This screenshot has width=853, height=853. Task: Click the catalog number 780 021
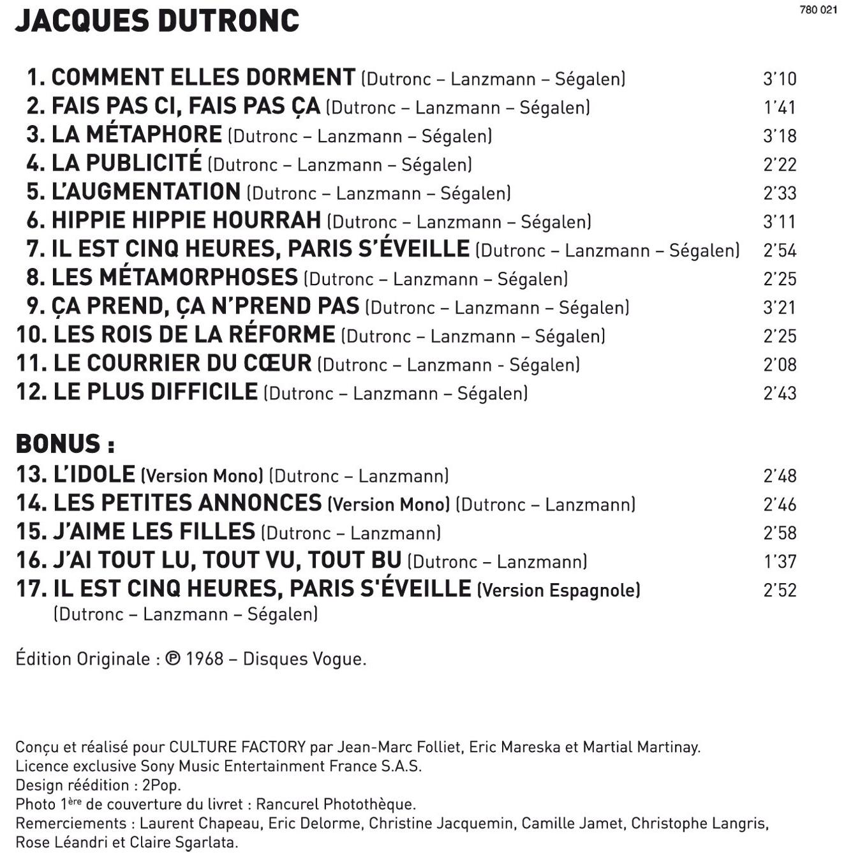(x=818, y=10)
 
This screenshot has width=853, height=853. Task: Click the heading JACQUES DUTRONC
(x=157, y=22)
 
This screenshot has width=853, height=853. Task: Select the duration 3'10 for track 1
(x=780, y=78)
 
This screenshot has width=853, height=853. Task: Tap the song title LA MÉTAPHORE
(x=137, y=135)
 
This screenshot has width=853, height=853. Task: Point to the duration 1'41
(x=780, y=107)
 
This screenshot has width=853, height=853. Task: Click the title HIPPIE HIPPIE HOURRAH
(x=186, y=220)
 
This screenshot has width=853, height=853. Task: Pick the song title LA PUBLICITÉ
(x=126, y=163)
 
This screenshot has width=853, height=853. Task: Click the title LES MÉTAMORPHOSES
(x=174, y=278)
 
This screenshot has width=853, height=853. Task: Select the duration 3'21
(x=780, y=308)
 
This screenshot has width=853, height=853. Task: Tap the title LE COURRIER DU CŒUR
(x=182, y=363)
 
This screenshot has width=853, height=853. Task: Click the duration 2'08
(x=780, y=364)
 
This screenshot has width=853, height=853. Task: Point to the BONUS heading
(x=64, y=443)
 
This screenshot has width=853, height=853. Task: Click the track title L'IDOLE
(x=94, y=474)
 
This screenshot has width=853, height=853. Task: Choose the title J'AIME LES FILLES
(x=154, y=531)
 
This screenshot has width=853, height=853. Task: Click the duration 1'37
(x=780, y=561)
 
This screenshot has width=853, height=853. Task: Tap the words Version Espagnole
(x=559, y=590)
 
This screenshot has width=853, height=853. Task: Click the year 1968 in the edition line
(x=204, y=658)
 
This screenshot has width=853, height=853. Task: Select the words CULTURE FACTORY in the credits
(x=237, y=746)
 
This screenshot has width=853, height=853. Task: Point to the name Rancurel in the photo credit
(x=287, y=804)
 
